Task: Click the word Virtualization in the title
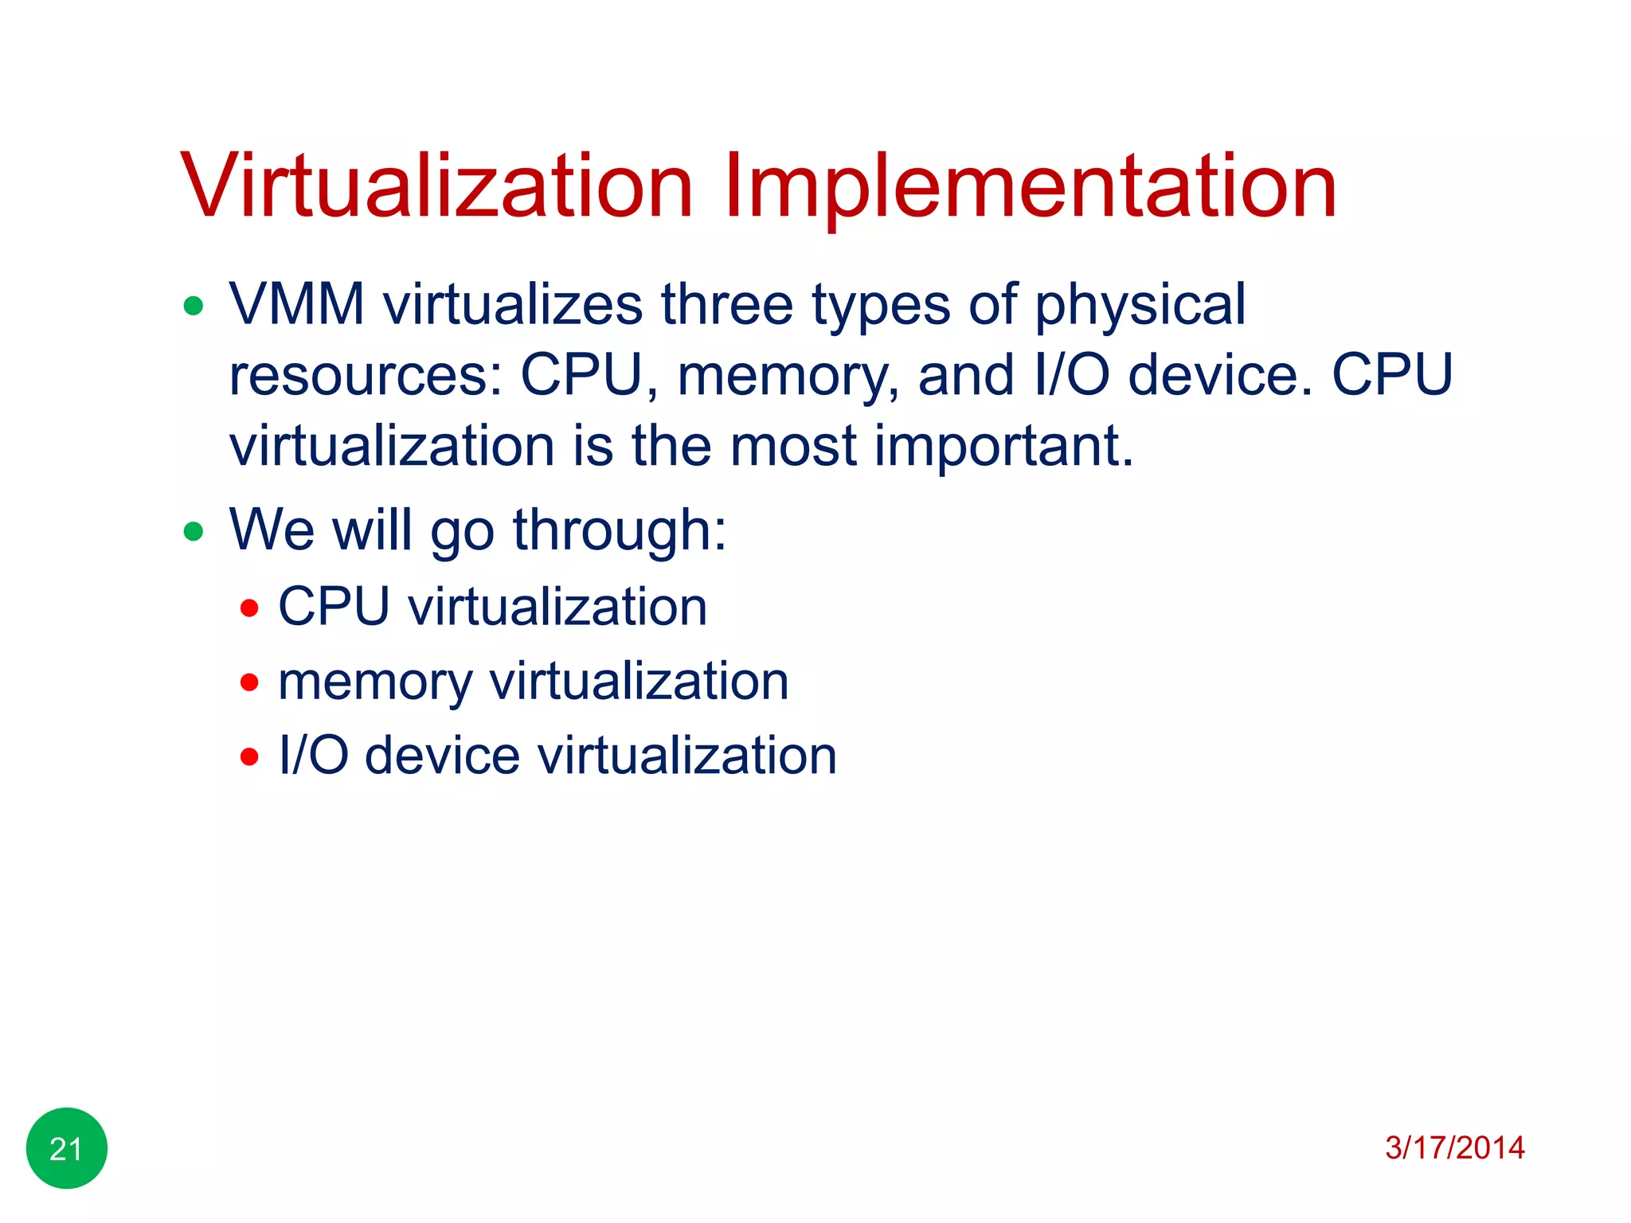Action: coord(436,186)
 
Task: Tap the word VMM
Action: coord(297,305)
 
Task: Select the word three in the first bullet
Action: coord(727,305)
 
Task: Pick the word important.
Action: coord(1003,446)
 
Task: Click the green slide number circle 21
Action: coord(67,1148)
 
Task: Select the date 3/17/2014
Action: coord(1454,1148)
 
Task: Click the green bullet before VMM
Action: coord(194,306)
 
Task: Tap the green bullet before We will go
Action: coord(194,531)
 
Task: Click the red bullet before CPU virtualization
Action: coord(249,608)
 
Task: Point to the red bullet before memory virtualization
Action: coord(249,682)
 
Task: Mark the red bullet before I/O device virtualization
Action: coord(249,756)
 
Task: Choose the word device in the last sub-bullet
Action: coord(442,756)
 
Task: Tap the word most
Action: coord(793,447)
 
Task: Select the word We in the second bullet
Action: coord(272,530)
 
